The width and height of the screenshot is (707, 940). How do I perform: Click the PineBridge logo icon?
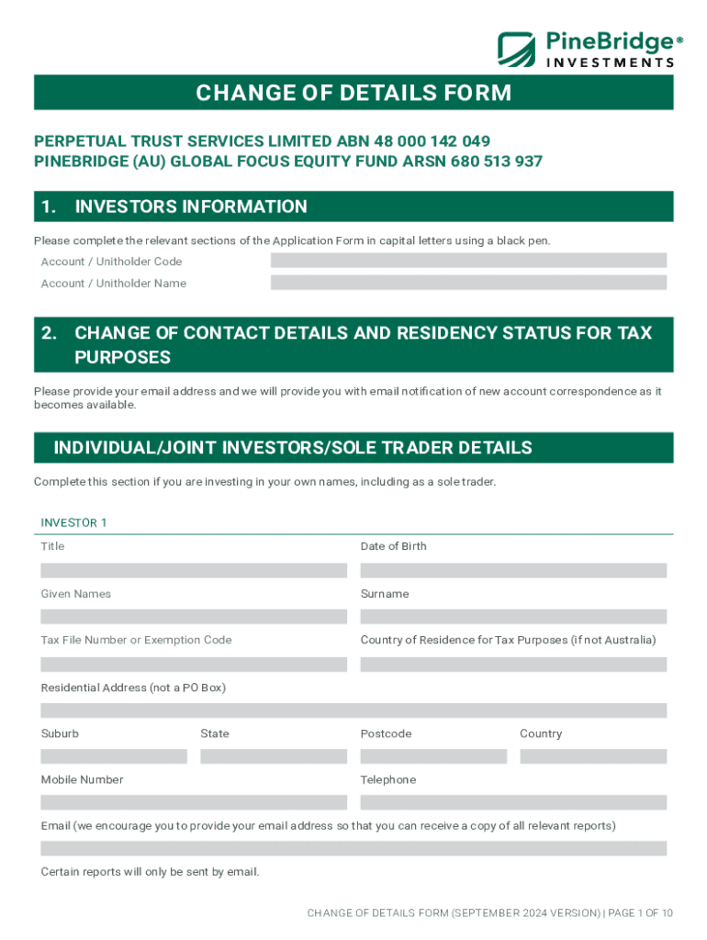[517, 49]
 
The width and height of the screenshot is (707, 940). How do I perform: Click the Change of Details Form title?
[353, 93]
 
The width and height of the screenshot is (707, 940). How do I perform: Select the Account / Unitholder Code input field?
[468, 261]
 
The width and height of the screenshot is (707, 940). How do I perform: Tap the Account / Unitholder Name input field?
[468, 283]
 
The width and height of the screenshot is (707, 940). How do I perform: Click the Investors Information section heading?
[191, 207]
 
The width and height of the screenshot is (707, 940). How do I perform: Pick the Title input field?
[194, 570]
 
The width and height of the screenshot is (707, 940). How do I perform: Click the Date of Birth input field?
[513, 570]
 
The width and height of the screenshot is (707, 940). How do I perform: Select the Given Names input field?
[194, 617]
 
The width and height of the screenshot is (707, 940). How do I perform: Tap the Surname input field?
[513, 617]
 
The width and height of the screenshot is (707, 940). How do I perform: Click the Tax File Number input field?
[194, 664]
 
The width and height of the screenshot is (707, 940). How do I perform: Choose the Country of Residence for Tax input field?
[513, 664]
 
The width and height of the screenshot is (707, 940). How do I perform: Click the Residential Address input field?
[353, 711]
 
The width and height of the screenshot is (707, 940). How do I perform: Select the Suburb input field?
[114, 756]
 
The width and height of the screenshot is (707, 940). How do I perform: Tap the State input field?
[274, 756]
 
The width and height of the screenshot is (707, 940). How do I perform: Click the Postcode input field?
[433, 756]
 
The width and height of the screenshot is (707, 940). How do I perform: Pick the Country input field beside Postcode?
[593, 756]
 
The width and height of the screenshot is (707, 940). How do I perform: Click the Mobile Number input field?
[194, 802]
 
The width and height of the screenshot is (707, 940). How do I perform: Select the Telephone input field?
[513, 802]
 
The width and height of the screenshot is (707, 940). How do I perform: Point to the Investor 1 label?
[73, 522]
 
